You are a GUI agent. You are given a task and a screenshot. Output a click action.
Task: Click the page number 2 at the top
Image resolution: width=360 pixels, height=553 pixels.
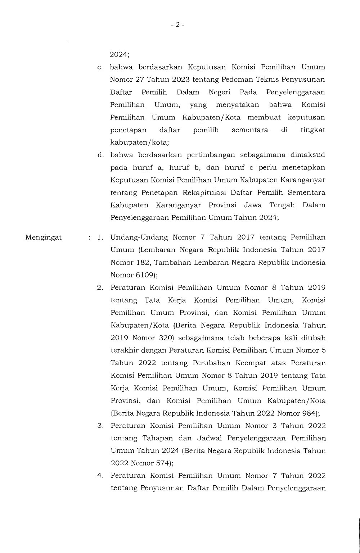[x=177, y=25]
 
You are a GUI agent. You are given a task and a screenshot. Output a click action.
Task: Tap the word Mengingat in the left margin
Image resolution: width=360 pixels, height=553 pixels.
[x=44, y=237]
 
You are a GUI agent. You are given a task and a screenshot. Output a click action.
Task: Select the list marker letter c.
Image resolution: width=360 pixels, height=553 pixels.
[x=100, y=67]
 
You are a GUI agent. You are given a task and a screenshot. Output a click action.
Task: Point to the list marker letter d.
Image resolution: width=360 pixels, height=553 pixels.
[x=100, y=155]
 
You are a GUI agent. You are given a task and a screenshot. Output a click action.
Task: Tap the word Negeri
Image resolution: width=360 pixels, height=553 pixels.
[x=220, y=92]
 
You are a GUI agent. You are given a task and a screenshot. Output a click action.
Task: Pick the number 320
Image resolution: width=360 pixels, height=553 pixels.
[x=157, y=338]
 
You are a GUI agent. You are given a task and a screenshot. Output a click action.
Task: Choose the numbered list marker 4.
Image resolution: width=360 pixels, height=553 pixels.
[x=100, y=476]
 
